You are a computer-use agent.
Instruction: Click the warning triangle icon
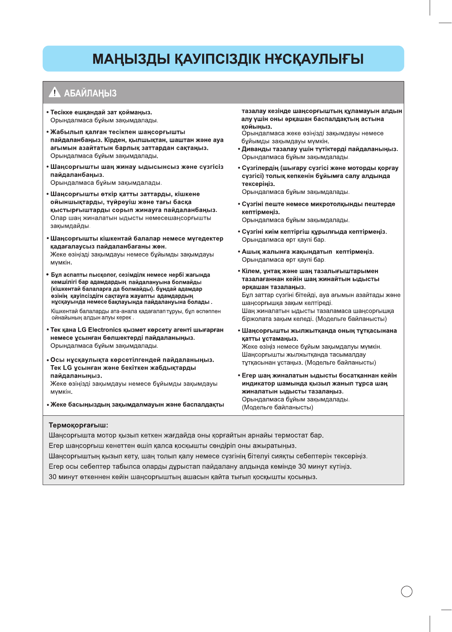(54, 92)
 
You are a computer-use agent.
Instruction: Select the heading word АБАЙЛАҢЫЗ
(90, 93)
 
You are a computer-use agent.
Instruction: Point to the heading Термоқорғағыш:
(78, 425)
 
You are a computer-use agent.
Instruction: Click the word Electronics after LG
(104, 330)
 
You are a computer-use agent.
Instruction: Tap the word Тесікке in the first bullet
(62, 112)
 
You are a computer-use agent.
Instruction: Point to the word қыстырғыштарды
(75, 210)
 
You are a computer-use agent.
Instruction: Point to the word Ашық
(250, 252)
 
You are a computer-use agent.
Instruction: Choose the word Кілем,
(251, 271)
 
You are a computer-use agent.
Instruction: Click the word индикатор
(257, 383)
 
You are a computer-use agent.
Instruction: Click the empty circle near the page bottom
(407, 591)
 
